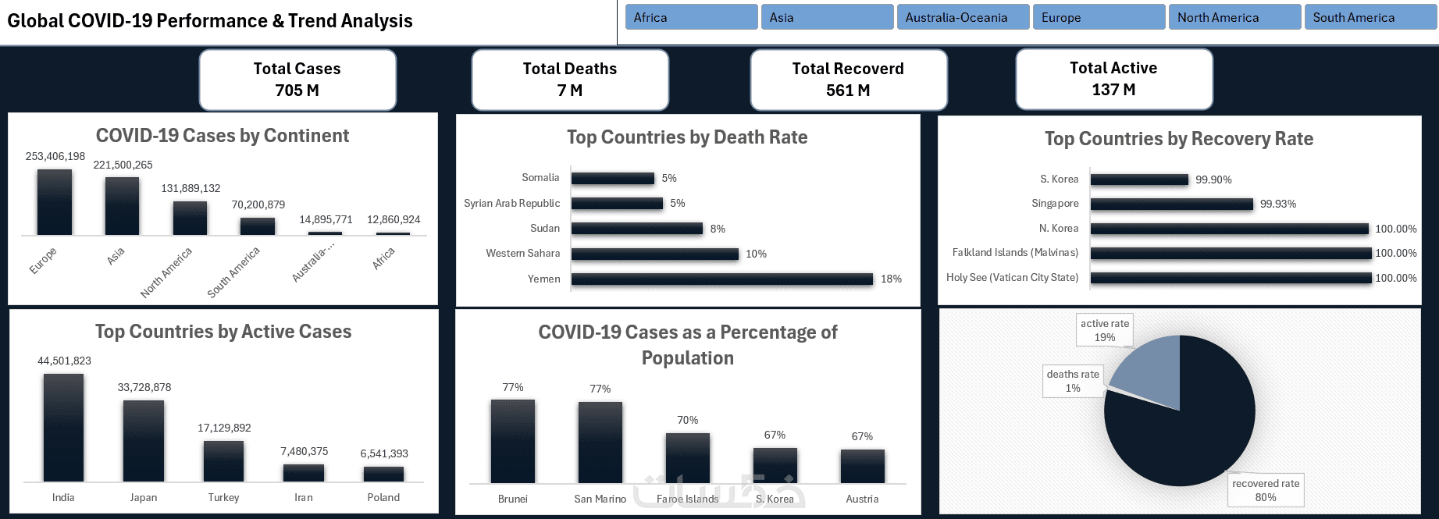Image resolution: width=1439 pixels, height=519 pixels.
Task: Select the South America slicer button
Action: pos(1370,17)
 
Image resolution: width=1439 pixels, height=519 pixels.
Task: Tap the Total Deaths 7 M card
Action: pos(570,80)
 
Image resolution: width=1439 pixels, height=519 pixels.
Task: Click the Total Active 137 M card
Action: pos(1113,79)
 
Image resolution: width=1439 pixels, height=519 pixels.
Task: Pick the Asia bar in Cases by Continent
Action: pos(122,206)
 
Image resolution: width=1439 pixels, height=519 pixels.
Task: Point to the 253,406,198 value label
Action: pos(55,156)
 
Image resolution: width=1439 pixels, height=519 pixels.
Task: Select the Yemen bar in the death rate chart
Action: pos(721,279)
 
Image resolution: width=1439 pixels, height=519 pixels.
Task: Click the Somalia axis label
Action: pos(540,178)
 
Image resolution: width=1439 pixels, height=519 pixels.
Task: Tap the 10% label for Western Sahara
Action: pos(756,254)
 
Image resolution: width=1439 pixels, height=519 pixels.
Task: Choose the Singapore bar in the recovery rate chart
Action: pos(1171,204)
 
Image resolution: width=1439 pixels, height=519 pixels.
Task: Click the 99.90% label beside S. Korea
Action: pos(1213,180)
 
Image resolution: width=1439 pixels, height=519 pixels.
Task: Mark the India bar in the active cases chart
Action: pos(63,428)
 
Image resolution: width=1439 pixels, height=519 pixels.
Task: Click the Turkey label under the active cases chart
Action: pos(223,497)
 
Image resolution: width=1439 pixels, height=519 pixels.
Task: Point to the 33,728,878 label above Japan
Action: pos(144,387)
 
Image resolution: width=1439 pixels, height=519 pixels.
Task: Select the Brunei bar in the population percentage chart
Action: pos(513,441)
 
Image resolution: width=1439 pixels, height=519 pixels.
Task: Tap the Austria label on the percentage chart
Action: pos(862,499)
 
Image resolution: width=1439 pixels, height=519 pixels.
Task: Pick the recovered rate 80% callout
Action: pos(1266,490)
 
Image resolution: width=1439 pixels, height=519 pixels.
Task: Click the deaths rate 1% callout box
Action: pos(1073,381)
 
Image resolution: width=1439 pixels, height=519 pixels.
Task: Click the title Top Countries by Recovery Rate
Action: pos(1179,139)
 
